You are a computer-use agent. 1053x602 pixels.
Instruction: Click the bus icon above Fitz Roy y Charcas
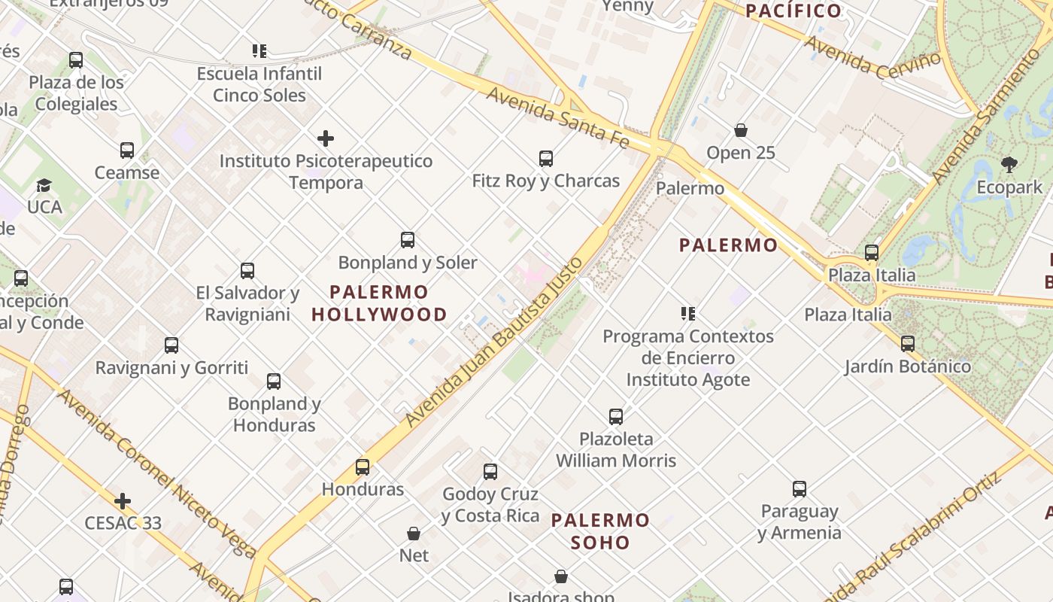(x=546, y=159)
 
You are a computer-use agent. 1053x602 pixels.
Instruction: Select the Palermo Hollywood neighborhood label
(x=379, y=303)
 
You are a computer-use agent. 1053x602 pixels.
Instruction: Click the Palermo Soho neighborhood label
(x=600, y=531)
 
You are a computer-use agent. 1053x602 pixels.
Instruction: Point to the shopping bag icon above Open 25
(x=741, y=130)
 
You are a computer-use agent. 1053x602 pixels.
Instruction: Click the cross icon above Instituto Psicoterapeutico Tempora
(x=326, y=138)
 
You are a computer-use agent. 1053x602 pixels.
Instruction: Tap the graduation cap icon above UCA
(x=44, y=185)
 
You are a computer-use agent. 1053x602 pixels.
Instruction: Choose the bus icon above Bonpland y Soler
(x=408, y=240)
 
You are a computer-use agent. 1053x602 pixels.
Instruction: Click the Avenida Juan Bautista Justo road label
(x=493, y=342)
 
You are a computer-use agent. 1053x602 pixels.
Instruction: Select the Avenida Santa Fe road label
(x=557, y=117)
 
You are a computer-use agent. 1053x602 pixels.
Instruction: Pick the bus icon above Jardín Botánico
(x=908, y=344)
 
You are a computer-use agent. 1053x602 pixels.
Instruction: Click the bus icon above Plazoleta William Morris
(x=616, y=416)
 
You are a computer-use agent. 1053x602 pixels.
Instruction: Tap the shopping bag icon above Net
(x=414, y=534)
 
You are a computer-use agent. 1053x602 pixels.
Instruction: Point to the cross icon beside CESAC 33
(x=123, y=501)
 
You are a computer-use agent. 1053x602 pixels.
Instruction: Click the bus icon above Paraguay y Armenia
(x=800, y=489)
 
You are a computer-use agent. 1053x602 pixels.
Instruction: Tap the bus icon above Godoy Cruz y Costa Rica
(x=490, y=472)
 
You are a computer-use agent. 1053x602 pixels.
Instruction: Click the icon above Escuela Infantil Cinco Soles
(x=259, y=51)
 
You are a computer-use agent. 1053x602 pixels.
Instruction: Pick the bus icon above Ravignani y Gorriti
(x=171, y=345)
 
